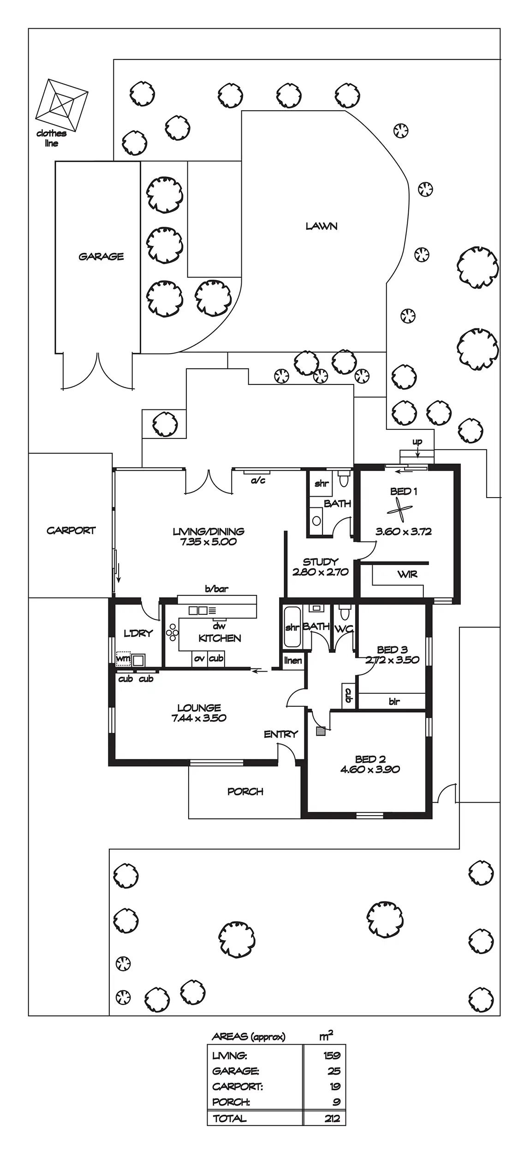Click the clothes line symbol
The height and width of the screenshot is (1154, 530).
click(62, 105)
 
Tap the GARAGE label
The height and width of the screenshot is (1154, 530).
click(101, 257)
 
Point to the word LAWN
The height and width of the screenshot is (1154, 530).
click(322, 226)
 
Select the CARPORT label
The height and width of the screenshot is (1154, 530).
click(71, 530)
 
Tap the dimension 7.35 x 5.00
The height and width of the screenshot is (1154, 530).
click(208, 542)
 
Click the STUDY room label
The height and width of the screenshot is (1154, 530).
click(321, 562)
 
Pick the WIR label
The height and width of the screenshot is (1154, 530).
click(407, 574)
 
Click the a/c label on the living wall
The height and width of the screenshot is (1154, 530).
click(258, 481)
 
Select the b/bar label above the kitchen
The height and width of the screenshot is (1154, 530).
click(216, 589)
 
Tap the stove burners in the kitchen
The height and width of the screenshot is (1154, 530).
click(173, 632)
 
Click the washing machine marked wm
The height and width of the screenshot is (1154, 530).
click(123, 658)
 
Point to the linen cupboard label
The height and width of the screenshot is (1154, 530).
click(293, 661)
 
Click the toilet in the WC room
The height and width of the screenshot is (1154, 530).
click(344, 613)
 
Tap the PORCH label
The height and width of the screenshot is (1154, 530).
click(245, 792)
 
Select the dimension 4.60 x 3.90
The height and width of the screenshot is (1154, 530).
click(370, 769)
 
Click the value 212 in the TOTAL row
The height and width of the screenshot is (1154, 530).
click(332, 1118)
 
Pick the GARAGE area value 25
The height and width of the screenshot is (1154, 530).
click(333, 1071)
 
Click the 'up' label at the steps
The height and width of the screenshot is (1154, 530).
click(417, 442)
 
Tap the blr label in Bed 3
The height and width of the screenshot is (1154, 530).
click(394, 702)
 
